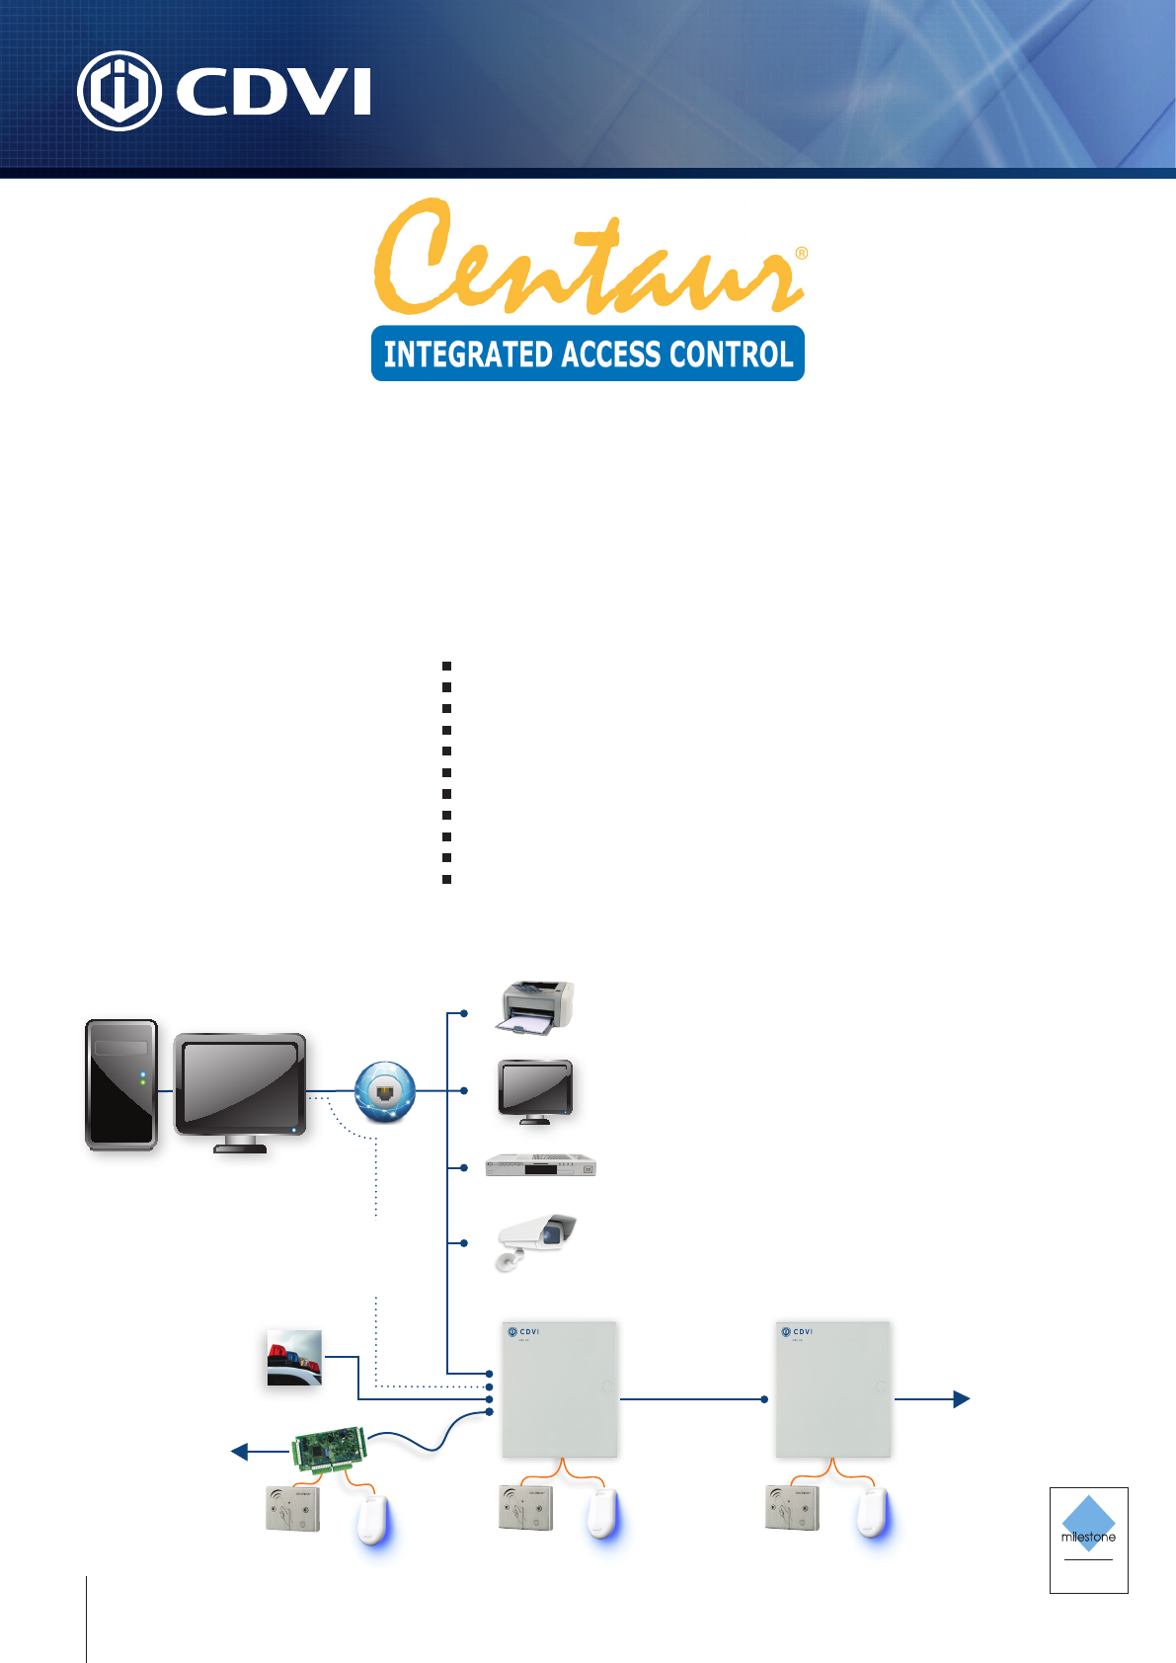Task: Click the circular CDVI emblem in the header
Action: (118, 91)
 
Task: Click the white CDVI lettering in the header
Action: (274, 92)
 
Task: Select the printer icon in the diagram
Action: (535, 1008)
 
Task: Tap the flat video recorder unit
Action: (541, 1166)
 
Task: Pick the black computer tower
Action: (120, 1084)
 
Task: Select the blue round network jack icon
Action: (385, 1091)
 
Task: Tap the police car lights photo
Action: (294, 1358)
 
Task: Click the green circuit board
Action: (330, 1449)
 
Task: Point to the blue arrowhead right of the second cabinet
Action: (961, 1398)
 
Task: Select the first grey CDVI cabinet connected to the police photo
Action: (560, 1388)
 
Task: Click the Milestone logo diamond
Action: (1088, 1522)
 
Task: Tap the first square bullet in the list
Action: (446, 667)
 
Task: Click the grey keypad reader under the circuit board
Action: (293, 1509)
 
